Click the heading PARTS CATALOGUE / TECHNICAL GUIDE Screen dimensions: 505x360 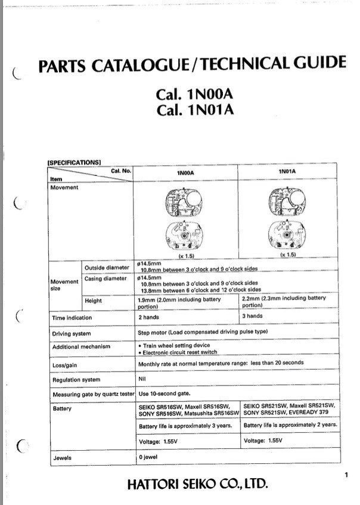[x=191, y=64]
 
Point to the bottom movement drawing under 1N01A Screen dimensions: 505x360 [x=287, y=235]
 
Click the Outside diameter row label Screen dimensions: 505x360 [x=107, y=267]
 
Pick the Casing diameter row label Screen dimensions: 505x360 [x=106, y=278]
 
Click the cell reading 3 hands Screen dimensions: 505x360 [x=252, y=316]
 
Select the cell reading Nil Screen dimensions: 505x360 [x=142, y=379]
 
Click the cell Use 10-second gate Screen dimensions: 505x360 [x=164, y=394]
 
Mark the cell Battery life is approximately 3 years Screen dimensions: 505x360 [x=187, y=426]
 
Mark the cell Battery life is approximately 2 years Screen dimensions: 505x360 [x=291, y=425]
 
